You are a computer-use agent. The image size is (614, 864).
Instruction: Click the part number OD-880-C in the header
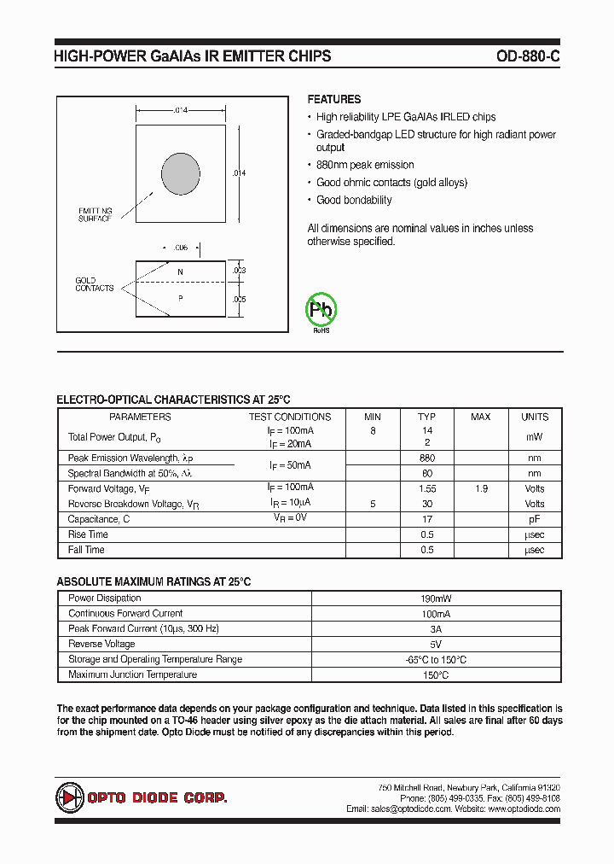point(528,57)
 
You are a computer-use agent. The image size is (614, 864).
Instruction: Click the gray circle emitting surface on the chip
point(181,172)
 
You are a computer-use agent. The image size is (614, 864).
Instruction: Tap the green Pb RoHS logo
point(321,310)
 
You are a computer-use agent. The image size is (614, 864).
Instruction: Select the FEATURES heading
point(334,99)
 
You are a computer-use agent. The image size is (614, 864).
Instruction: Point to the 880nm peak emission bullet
point(365,165)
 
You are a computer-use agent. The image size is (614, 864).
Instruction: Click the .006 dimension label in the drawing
point(180,248)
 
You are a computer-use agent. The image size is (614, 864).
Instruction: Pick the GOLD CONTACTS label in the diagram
point(94,284)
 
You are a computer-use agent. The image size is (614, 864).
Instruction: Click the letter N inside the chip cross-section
point(180,272)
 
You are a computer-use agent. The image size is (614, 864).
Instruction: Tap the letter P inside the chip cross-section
point(180,298)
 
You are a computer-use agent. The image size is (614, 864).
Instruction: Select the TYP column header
point(426,417)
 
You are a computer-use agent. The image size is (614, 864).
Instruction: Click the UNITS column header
point(535,417)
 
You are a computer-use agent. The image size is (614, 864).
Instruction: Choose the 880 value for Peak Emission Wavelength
point(426,458)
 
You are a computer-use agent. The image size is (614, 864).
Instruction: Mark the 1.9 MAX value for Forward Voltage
point(481,489)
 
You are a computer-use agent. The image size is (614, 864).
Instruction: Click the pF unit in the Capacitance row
point(535,519)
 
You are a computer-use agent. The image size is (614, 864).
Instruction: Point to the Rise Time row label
point(87,534)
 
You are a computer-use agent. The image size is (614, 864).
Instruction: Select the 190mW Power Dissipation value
point(436,598)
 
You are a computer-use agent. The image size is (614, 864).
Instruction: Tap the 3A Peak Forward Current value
point(436,629)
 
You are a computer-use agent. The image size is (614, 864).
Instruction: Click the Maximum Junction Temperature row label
point(132,675)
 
